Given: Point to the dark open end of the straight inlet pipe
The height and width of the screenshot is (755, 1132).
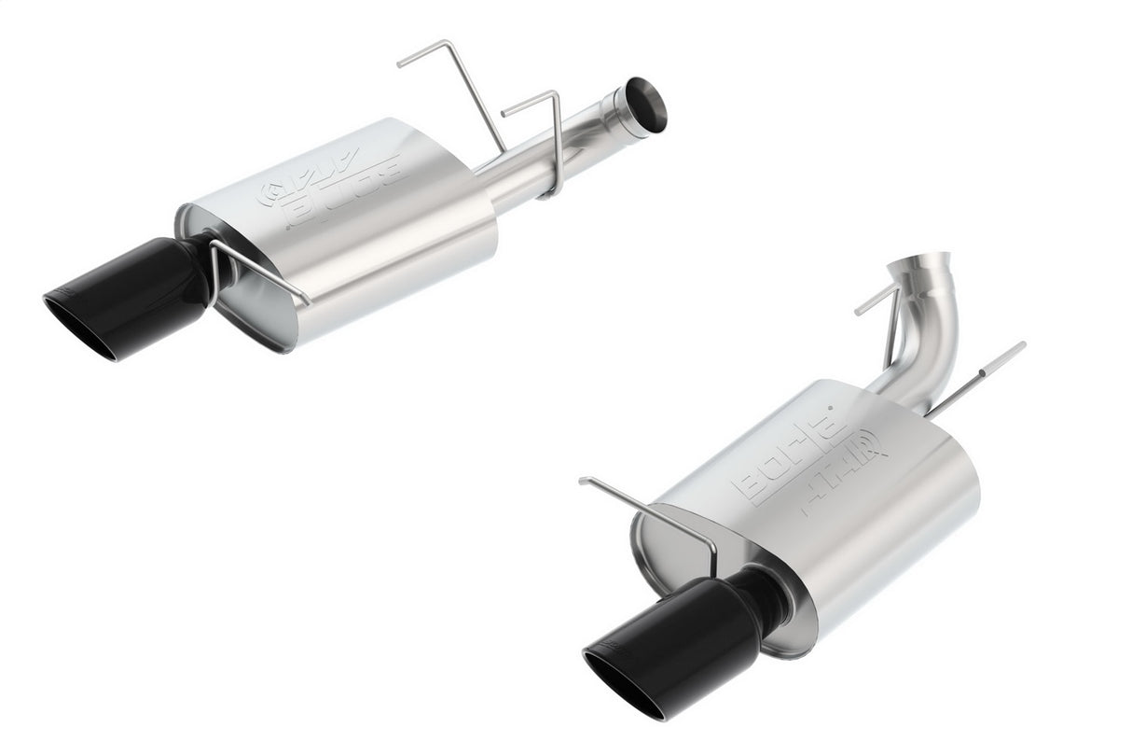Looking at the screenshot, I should click(x=646, y=104).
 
